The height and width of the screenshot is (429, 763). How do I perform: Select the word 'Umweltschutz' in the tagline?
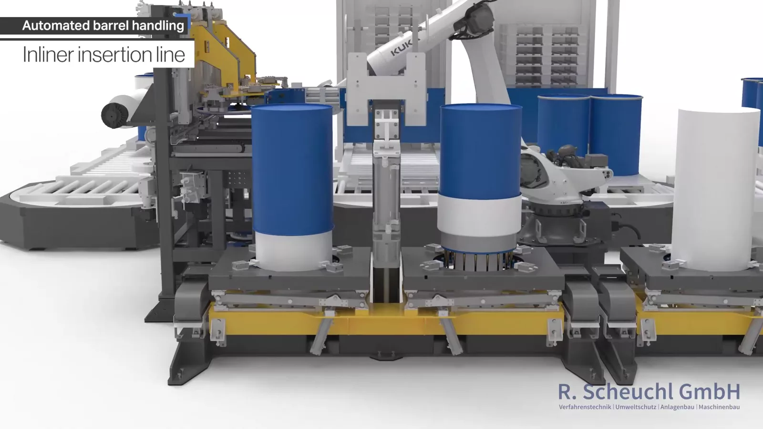tap(636, 407)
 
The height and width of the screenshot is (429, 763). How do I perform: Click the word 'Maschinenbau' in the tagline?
tap(719, 407)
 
